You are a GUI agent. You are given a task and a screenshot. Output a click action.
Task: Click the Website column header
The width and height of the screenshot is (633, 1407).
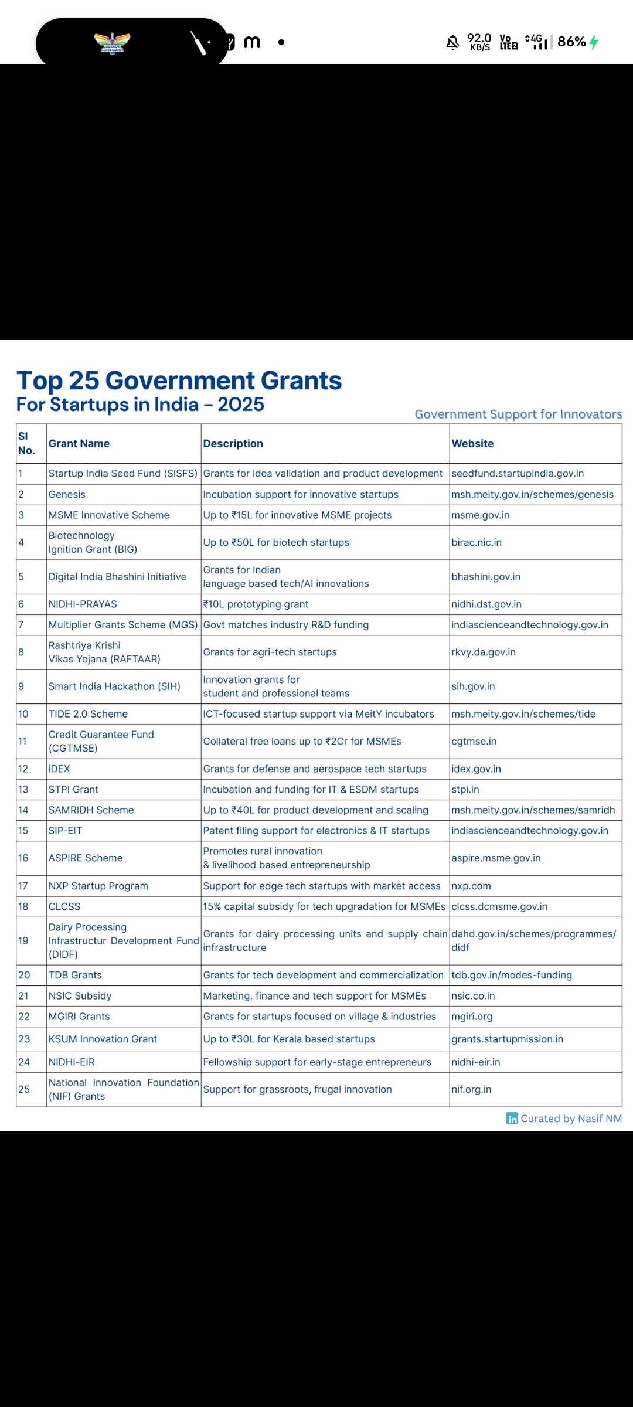(x=472, y=444)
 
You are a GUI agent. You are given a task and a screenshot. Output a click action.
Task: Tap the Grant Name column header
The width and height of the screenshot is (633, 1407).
(x=79, y=444)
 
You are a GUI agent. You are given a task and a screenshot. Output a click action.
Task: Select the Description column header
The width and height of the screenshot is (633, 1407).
(x=233, y=444)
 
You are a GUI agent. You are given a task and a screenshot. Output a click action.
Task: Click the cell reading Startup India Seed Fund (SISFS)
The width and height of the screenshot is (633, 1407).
(x=123, y=474)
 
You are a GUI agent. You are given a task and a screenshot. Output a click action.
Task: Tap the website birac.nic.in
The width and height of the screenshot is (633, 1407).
(x=477, y=543)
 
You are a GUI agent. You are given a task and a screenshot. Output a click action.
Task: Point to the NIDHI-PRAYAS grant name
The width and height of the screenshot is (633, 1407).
(x=83, y=604)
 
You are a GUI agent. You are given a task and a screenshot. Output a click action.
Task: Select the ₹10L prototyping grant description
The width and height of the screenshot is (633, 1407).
(x=256, y=604)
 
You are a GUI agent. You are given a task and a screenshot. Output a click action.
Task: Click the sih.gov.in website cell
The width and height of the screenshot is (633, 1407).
(x=473, y=686)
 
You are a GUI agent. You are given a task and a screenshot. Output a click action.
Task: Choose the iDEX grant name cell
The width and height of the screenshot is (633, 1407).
(x=59, y=769)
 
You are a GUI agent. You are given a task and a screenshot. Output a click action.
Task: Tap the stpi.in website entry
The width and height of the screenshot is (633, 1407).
(x=465, y=790)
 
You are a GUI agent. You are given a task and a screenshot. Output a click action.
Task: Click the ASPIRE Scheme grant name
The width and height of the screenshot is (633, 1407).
(x=86, y=858)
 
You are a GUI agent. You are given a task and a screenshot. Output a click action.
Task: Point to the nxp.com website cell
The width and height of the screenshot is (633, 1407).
(x=471, y=886)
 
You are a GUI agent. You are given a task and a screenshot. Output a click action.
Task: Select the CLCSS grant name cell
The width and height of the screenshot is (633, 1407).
(x=64, y=907)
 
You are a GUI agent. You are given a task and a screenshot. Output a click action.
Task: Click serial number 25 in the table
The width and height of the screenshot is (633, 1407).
(x=24, y=1090)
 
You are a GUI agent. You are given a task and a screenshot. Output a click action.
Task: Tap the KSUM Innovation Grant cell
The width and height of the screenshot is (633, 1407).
(x=103, y=1039)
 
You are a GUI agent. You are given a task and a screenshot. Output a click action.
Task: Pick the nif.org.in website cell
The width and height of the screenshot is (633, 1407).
(x=471, y=1090)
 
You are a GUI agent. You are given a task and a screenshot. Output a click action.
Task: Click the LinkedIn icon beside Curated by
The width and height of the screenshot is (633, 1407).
(x=512, y=1119)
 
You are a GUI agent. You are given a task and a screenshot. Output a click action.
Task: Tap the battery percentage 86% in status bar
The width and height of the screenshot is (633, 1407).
(x=571, y=42)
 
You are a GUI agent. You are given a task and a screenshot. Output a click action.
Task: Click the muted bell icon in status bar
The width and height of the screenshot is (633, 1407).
(x=452, y=42)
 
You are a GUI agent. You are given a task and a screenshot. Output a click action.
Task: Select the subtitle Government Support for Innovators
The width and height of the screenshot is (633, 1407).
(x=518, y=414)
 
